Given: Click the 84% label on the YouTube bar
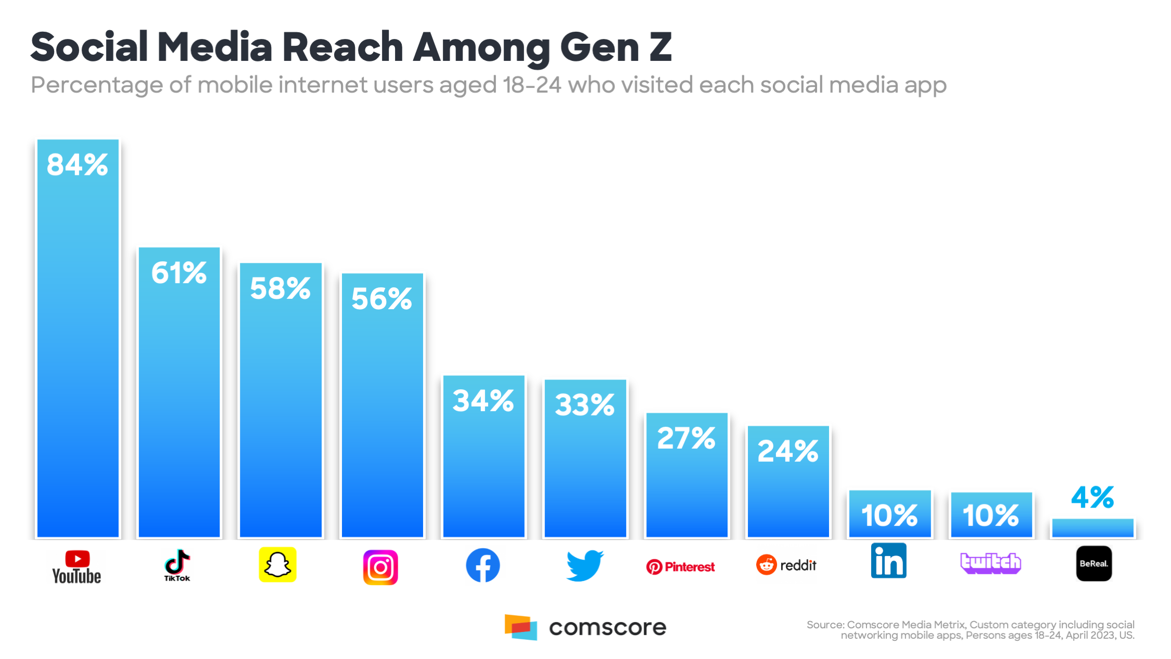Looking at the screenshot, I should pyautogui.click(x=77, y=165).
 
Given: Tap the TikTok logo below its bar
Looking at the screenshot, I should pyautogui.click(x=177, y=565).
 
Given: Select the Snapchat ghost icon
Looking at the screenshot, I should pyautogui.click(x=278, y=565).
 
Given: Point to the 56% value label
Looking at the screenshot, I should pyautogui.click(x=382, y=299).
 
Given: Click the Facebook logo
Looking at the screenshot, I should pyautogui.click(x=483, y=565).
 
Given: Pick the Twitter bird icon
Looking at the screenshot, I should pyautogui.click(x=585, y=565).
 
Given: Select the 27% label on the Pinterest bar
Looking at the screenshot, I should pyautogui.click(x=686, y=438).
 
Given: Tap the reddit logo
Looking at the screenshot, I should pyautogui.click(x=786, y=565).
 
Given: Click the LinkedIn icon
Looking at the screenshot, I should pyautogui.click(x=888, y=561).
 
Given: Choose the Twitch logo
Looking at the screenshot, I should pyautogui.click(x=990, y=563).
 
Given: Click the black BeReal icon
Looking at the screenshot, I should pyautogui.click(x=1093, y=563).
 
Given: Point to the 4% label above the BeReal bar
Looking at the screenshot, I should pyautogui.click(x=1092, y=497).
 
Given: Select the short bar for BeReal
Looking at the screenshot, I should pyautogui.click(x=1092, y=528).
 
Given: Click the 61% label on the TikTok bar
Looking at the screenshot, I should pyautogui.click(x=179, y=273).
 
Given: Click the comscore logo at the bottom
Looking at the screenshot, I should pyautogui.click(x=585, y=627).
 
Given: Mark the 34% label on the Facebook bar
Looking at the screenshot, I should pyautogui.click(x=483, y=401).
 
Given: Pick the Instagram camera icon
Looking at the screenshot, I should pyautogui.click(x=380, y=567).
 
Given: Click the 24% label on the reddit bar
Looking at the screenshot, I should pyautogui.click(x=788, y=451).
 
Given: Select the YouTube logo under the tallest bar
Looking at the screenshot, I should pyautogui.click(x=77, y=567).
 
